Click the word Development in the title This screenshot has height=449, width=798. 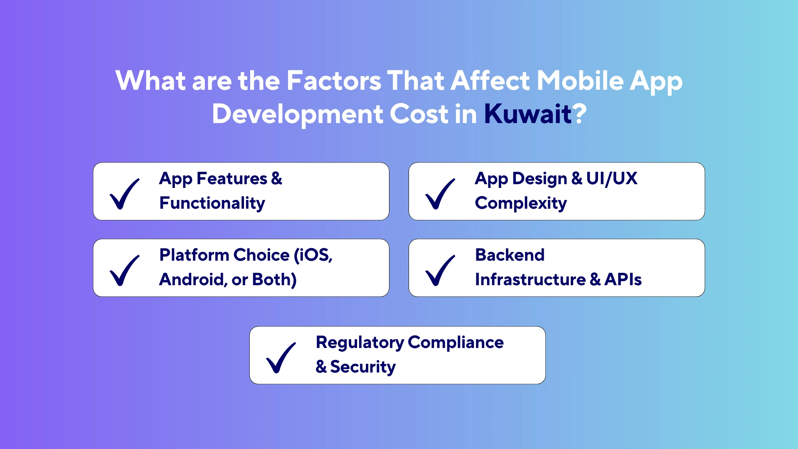pos(298,114)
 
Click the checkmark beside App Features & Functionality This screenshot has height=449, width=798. pos(125,194)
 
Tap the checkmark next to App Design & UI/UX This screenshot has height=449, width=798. pos(440,194)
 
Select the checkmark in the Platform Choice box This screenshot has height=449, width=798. pos(125,270)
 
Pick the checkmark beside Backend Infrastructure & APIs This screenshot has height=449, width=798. pos(440,270)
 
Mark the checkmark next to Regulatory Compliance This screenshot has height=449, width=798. pos(281,358)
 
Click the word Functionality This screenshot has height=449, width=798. pos(212,203)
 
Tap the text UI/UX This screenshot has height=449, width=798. pos(611,179)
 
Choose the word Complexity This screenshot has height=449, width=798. pos(521,203)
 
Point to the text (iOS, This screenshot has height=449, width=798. pos(313,255)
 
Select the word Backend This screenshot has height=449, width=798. pos(510,255)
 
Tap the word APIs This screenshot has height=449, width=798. pos(623,280)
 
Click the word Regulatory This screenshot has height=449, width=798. pos(360,343)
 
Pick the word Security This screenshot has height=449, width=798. pos(362,367)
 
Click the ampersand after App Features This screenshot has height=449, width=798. pos(276,179)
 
